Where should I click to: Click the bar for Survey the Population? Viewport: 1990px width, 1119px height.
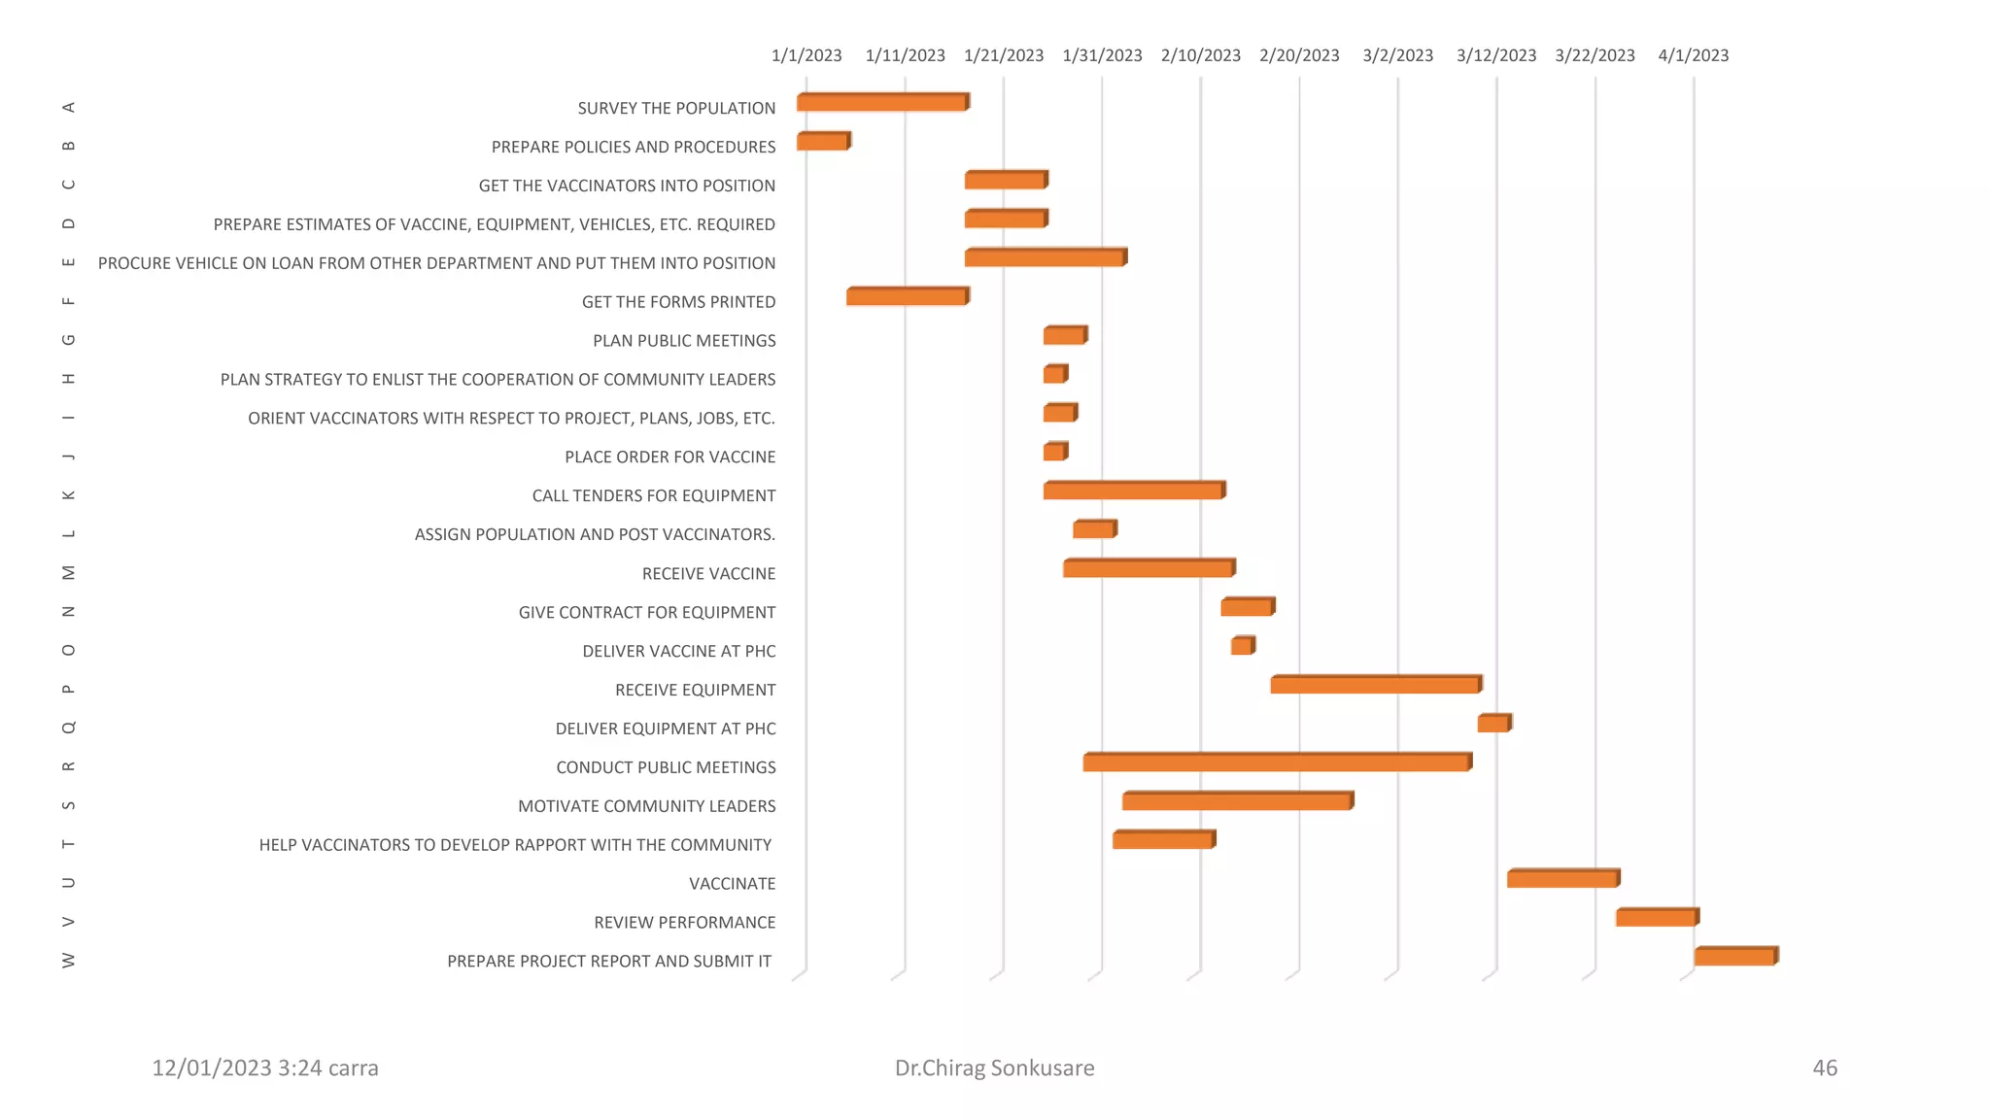coord(882,102)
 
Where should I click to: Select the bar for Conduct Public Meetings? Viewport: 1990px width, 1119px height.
coord(1277,763)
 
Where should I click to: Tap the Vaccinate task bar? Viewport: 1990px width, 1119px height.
coord(1562,879)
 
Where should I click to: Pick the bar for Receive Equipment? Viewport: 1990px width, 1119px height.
coord(1376,685)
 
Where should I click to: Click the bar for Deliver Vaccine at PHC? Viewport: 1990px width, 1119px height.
coord(1242,646)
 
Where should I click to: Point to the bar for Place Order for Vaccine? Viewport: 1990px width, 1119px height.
coord(1054,452)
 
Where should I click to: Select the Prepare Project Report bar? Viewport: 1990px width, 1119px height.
coord(1735,957)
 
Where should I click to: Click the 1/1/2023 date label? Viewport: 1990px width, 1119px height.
coord(806,55)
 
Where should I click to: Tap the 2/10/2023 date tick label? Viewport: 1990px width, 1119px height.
coord(1200,55)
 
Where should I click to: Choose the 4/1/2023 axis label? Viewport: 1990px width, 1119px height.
coord(1693,55)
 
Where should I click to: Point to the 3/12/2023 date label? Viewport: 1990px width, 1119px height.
coord(1495,55)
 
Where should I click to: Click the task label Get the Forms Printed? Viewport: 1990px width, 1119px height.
coord(678,302)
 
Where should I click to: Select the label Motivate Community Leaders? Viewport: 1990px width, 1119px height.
coord(646,806)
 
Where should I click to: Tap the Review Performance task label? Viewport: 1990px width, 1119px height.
coord(684,923)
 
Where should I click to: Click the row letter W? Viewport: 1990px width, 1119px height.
coord(68,960)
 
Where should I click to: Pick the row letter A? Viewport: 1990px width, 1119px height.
coord(68,107)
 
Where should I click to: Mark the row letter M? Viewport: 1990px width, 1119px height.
coord(68,572)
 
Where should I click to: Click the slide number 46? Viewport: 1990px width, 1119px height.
coord(1824,1068)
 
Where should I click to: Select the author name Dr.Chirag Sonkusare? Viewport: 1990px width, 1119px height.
coord(994,1068)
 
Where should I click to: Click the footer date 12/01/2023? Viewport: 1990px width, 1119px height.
coord(211,1068)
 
